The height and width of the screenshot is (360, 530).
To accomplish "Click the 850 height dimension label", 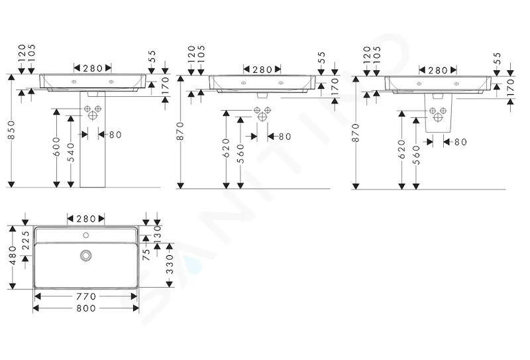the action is click(x=11, y=130).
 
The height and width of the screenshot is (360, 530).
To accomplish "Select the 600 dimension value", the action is click(x=56, y=147).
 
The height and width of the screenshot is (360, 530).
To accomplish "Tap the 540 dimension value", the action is click(x=71, y=152).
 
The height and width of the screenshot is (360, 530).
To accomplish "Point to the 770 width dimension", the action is click(x=86, y=296).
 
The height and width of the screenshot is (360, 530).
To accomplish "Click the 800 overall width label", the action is click(x=86, y=308).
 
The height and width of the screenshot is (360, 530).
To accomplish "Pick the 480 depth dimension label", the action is click(x=13, y=256).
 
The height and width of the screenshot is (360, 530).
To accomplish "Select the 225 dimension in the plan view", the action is click(x=26, y=240).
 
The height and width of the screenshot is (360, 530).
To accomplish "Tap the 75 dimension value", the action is click(x=146, y=254).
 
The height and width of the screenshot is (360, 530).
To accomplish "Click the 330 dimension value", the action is click(x=170, y=265).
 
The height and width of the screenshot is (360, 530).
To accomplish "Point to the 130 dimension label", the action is click(x=158, y=233).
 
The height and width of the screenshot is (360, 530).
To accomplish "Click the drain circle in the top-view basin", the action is click(x=86, y=255).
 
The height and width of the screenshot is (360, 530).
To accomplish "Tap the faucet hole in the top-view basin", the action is click(x=86, y=235).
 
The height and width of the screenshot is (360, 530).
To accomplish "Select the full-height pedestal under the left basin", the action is click(x=93, y=139).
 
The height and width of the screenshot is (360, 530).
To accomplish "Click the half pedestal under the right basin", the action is click(x=438, y=113).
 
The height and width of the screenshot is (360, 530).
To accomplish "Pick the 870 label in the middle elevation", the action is click(x=180, y=131).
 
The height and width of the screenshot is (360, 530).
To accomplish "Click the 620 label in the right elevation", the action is click(x=401, y=149).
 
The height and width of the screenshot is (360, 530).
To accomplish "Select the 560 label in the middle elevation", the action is click(x=240, y=153).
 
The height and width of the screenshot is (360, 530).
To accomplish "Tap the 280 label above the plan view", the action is click(x=86, y=219).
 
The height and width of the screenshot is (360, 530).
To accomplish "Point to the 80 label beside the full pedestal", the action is click(x=115, y=135).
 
